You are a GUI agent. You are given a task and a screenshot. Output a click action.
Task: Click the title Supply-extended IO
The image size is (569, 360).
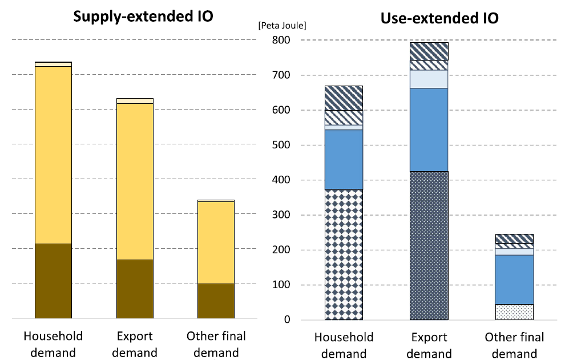tap(143, 16)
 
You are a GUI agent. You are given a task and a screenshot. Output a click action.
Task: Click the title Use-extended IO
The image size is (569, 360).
tap(439, 18)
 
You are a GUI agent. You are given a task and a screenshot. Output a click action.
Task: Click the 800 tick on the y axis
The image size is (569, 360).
tap(281, 41)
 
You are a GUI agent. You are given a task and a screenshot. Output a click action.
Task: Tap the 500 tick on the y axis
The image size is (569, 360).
tap(281, 145)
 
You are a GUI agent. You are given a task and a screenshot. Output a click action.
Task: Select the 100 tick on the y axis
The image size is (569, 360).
tap(281, 285)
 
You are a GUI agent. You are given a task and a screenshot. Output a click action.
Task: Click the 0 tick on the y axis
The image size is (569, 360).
tap(286, 320)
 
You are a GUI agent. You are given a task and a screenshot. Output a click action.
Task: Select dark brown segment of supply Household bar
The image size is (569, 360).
tap(53, 281)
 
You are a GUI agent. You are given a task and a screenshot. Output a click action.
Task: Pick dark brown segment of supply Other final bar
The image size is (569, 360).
tap(216, 301)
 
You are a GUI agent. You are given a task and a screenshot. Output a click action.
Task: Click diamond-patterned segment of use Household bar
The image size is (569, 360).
tap(344, 254)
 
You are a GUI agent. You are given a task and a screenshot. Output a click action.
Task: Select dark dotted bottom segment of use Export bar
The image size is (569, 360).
tap(429, 245)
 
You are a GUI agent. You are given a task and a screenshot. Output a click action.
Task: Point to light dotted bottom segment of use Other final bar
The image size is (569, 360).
tap(514, 312)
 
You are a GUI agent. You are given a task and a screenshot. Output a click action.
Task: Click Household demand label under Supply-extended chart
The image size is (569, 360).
tap(53, 344)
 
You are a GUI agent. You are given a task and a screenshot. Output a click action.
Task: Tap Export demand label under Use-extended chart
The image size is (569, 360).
tap(429, 346)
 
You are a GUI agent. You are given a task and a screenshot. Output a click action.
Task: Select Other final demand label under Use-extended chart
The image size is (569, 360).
tap(514, 346)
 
